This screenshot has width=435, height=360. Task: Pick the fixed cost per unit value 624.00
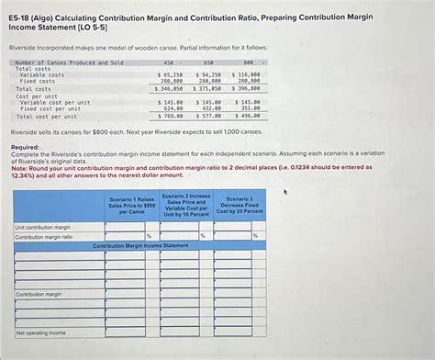(171, 109)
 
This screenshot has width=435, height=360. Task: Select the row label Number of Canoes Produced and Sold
(69, 62)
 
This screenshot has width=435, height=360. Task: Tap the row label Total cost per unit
(45, 117)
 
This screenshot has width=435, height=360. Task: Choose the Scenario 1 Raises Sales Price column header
(132, 205)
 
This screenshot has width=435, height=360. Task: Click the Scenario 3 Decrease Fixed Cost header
(240, 205)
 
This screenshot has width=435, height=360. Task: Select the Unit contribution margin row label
(43, 227)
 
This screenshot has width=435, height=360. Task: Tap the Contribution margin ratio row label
(44, 237)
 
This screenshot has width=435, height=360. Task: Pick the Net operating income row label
(40, 332)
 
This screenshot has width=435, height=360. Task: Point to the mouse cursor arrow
(286, 192)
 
